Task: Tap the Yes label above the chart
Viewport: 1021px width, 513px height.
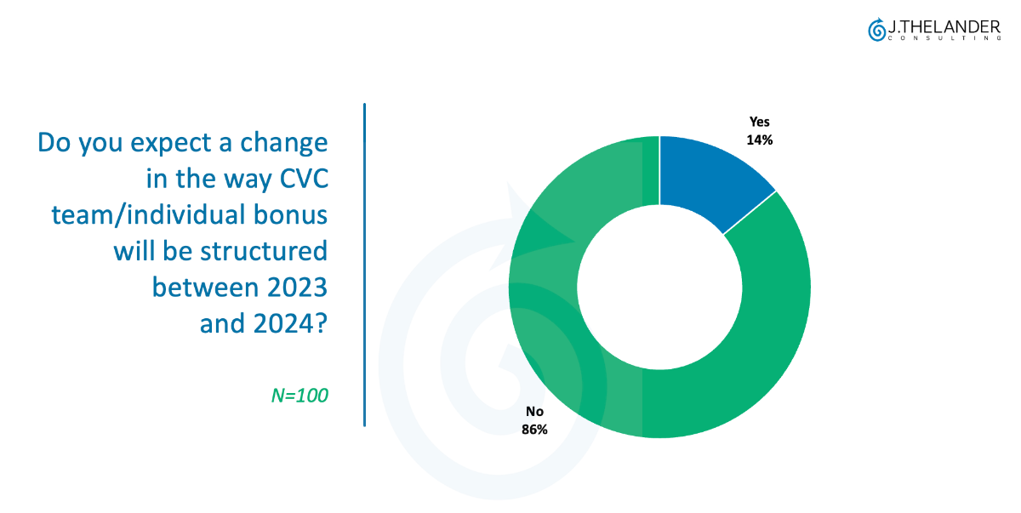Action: [x=759, y=122]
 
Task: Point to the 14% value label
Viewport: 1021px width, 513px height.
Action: [x=759, y=140]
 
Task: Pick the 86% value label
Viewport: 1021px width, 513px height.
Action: [x=534, y=430]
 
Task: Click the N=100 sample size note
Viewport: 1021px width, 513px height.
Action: [x=299, y=395]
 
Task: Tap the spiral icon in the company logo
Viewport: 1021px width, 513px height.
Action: [x=876, y=30]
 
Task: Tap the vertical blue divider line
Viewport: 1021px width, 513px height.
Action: [x=364, y=264]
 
